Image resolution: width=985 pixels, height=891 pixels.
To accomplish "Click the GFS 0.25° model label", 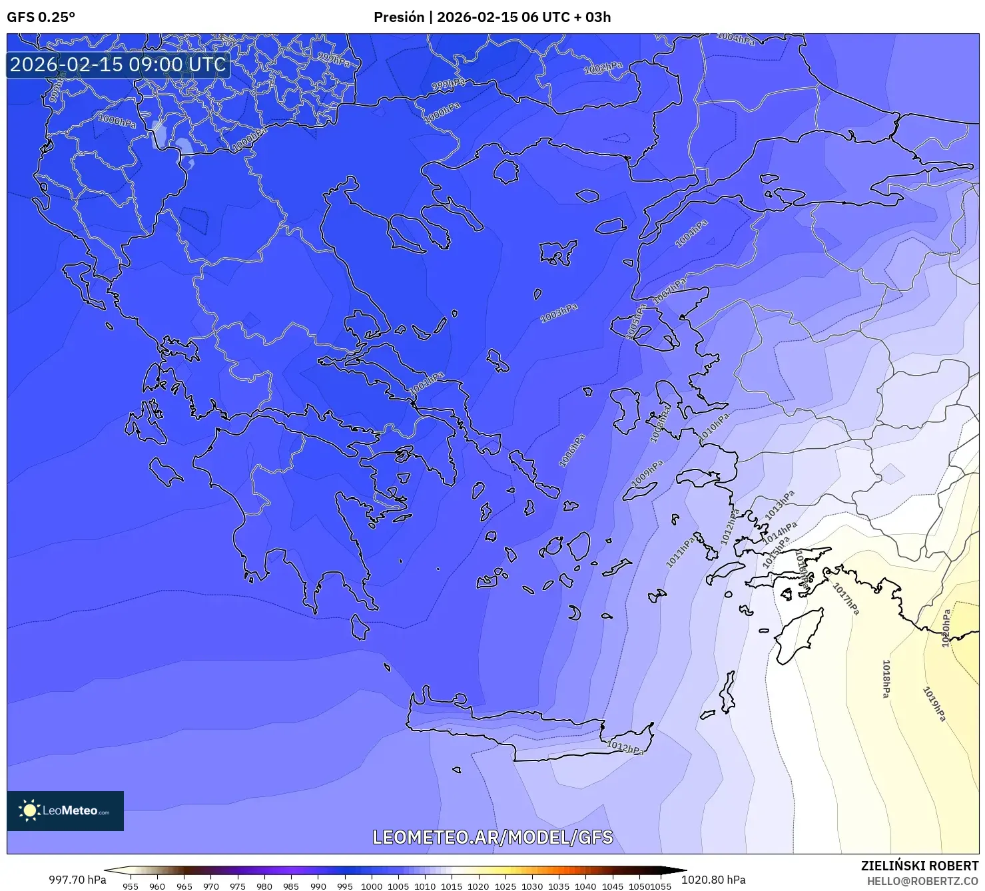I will click(x=41, y=17).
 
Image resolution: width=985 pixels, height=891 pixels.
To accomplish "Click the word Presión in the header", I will click(x=398, y=17).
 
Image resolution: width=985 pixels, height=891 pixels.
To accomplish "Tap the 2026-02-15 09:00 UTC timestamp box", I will click(x=118, y=65).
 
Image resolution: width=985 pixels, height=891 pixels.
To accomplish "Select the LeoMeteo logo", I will click(x=65, y=810).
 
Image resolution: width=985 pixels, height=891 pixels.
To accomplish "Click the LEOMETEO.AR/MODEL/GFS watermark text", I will click(x=492, y=837).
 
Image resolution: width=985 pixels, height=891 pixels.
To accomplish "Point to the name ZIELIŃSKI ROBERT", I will click(x=919, y=866).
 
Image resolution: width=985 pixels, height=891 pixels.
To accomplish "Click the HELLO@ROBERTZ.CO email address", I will click(x=922, y=881).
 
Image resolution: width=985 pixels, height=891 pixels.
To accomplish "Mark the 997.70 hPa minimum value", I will click(x=77, y=880).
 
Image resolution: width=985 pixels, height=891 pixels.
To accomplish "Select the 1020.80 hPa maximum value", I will click(x=713, y=880).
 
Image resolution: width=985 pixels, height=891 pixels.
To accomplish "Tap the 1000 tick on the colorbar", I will click(x=372, y=886).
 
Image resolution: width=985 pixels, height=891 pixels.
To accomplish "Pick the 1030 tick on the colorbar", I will click(x=532, y=886).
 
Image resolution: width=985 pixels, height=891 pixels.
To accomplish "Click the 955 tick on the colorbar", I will click(x=131, y=886).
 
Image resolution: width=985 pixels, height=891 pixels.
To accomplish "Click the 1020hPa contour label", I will click(x=946, y=629).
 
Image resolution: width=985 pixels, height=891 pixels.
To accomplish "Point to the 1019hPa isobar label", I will click(x=934, y=704).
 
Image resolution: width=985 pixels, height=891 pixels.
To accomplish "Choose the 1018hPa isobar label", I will click(x=886, y=679).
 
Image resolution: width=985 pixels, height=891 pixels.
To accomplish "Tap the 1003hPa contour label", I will click(x=559, y=313).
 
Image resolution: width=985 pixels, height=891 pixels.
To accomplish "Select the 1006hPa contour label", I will click(x=571, y=451).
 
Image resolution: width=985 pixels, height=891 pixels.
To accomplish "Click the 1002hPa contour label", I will click(x=603, y=68).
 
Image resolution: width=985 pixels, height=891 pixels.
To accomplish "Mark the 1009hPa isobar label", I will click(x=647, y=473).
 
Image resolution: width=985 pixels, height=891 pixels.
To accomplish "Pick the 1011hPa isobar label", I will click(x=680, y=552).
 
